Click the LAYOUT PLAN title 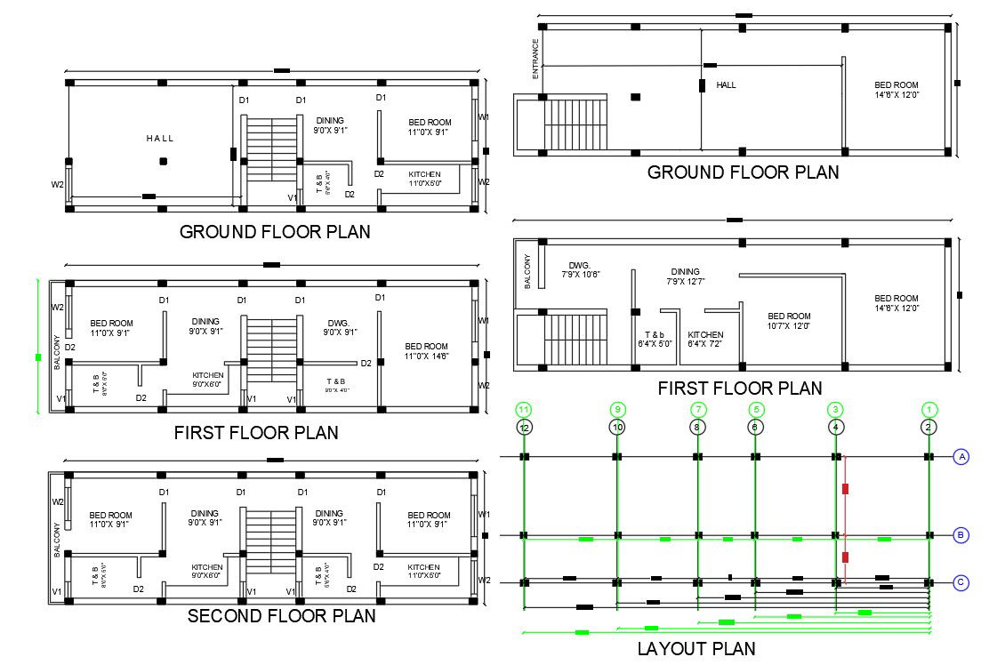click(x=695, y=649)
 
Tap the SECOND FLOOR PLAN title click(x=281, y=615)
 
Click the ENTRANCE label click(x=535, y=59)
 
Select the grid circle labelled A click(x=961, y=457)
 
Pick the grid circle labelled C click(x=961, y=583)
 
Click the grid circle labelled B click(x=961, y=535)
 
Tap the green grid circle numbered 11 click(x=524, y=410)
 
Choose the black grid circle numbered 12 click(x=524, y=428)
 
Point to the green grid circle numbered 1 click(x=929, y=410)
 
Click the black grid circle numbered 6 click(x=755, y=428)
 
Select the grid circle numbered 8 click(x=698, y=428)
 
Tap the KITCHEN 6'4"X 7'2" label click(x=705, y=340)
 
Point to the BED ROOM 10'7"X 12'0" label click(x=789, y=321)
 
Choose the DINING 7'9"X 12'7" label click(x=685, y=276)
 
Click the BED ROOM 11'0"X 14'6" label click(x=426, y=351)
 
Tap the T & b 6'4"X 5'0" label click(x=655, y=340)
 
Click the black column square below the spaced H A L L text click(x=163, y=162)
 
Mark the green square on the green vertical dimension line click(x=37, y=357)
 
